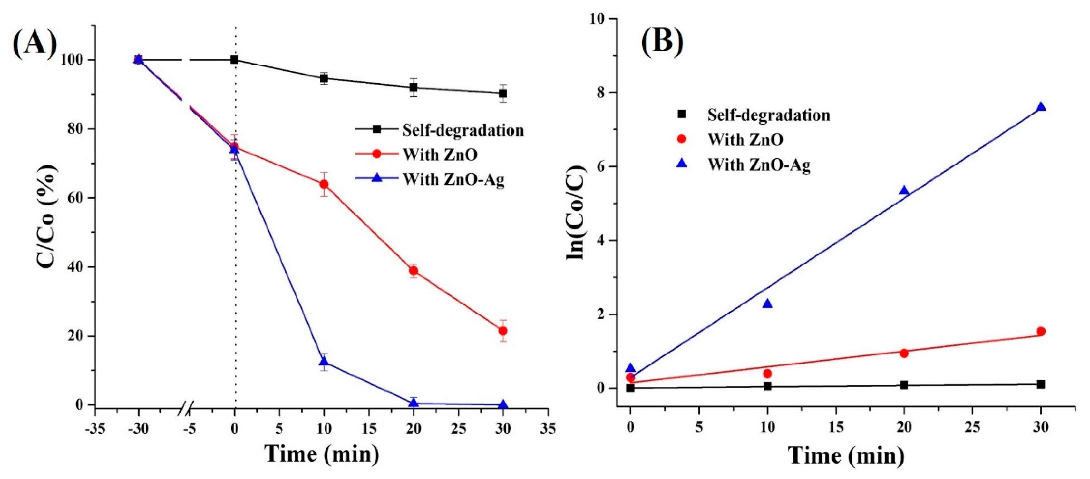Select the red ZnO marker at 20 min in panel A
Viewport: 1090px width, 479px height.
pyautogui.click(x=414, y=271)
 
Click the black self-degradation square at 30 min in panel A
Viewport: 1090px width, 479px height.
pyautogui.click(x=503, y=94)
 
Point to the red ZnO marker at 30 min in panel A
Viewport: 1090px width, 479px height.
pyautogui.click(x=503, y=331)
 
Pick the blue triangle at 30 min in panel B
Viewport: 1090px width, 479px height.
pyautogui.click(x=1041, y=107)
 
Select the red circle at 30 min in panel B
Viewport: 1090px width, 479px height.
pyautogui.click(x=1041, y=331)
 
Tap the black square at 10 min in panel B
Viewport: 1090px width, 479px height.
pyautogui.click(x=767, y=386)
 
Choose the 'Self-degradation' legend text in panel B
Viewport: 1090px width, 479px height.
pyautogui.click(x=768, y=115)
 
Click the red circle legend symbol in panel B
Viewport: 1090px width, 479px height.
pyautogui.click(x=681, y=139)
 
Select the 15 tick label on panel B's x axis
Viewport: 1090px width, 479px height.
pyautogui.click(x=836, y=427)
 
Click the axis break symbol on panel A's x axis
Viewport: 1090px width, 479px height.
pyautogui.click(x=186, y=408)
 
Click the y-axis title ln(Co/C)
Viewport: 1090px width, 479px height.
pyautogui.click(x=576, y=214)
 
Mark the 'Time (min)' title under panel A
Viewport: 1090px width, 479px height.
pyautogui.click(x=322, y=454)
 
